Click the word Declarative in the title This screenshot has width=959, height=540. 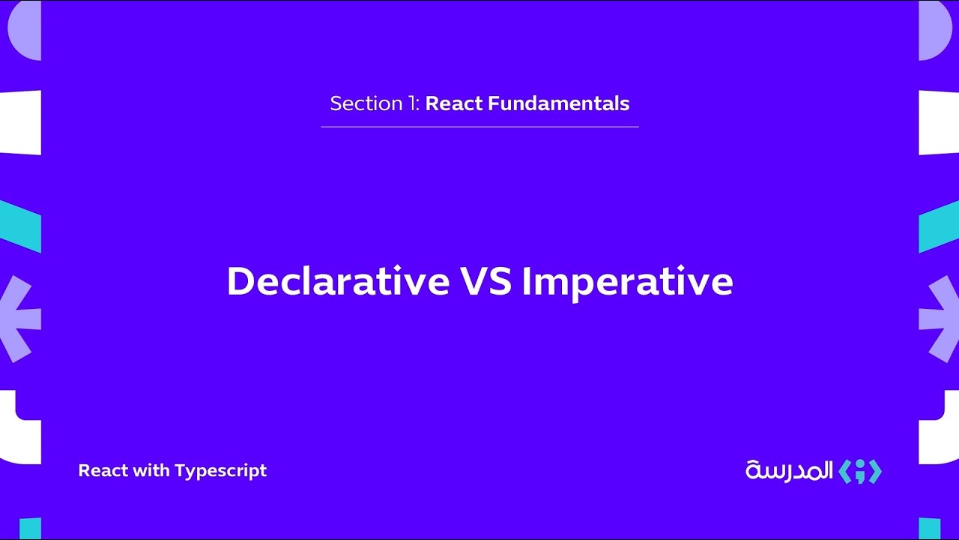click(337, 282)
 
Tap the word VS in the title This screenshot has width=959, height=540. click(485, 282)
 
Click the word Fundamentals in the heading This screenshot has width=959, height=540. click(559, 103)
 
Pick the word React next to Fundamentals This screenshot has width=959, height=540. click(454, 103)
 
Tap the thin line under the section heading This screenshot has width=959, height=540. click(479, 127)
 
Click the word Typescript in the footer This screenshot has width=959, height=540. click(220, 471)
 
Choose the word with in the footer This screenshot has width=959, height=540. click(153, 471)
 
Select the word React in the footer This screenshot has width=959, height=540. click(103, 471)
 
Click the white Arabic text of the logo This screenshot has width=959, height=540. click(789, 471)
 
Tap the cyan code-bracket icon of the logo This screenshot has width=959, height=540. click(859, 471)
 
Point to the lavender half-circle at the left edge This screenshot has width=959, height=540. click(25, 30)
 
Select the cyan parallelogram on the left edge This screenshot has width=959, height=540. click(20, 226)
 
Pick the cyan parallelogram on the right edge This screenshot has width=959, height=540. click(938, 226)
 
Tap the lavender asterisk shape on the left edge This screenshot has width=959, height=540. click(20, 319)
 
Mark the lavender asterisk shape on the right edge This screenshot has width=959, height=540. click(938, 319)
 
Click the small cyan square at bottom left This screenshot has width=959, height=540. click(30, 528)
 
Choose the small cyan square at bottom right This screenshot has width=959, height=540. click(929, 528)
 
